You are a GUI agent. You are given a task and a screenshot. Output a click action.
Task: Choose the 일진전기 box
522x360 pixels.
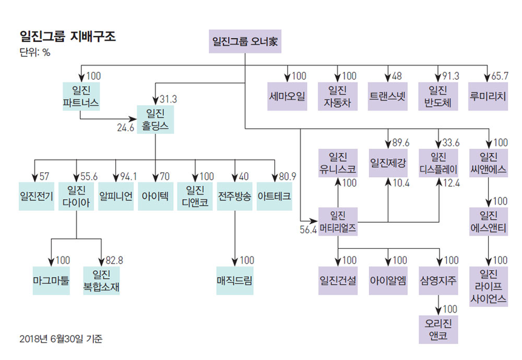tap(36, 196)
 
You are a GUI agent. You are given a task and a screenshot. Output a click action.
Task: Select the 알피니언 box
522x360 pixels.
tap(115, 196)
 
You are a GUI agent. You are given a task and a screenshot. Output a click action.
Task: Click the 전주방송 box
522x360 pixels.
tap(234, 196)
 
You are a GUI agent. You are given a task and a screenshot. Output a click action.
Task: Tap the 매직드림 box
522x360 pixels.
tap(234, 280)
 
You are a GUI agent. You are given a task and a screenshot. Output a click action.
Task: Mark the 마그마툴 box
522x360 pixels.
tap(52, 280)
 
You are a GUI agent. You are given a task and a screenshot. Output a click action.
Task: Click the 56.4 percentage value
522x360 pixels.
tap(308, 230)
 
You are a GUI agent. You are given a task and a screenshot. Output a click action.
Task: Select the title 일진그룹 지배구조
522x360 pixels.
tap(67, 36)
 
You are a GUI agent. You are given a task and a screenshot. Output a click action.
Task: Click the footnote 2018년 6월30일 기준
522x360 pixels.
tap(61, 338)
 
